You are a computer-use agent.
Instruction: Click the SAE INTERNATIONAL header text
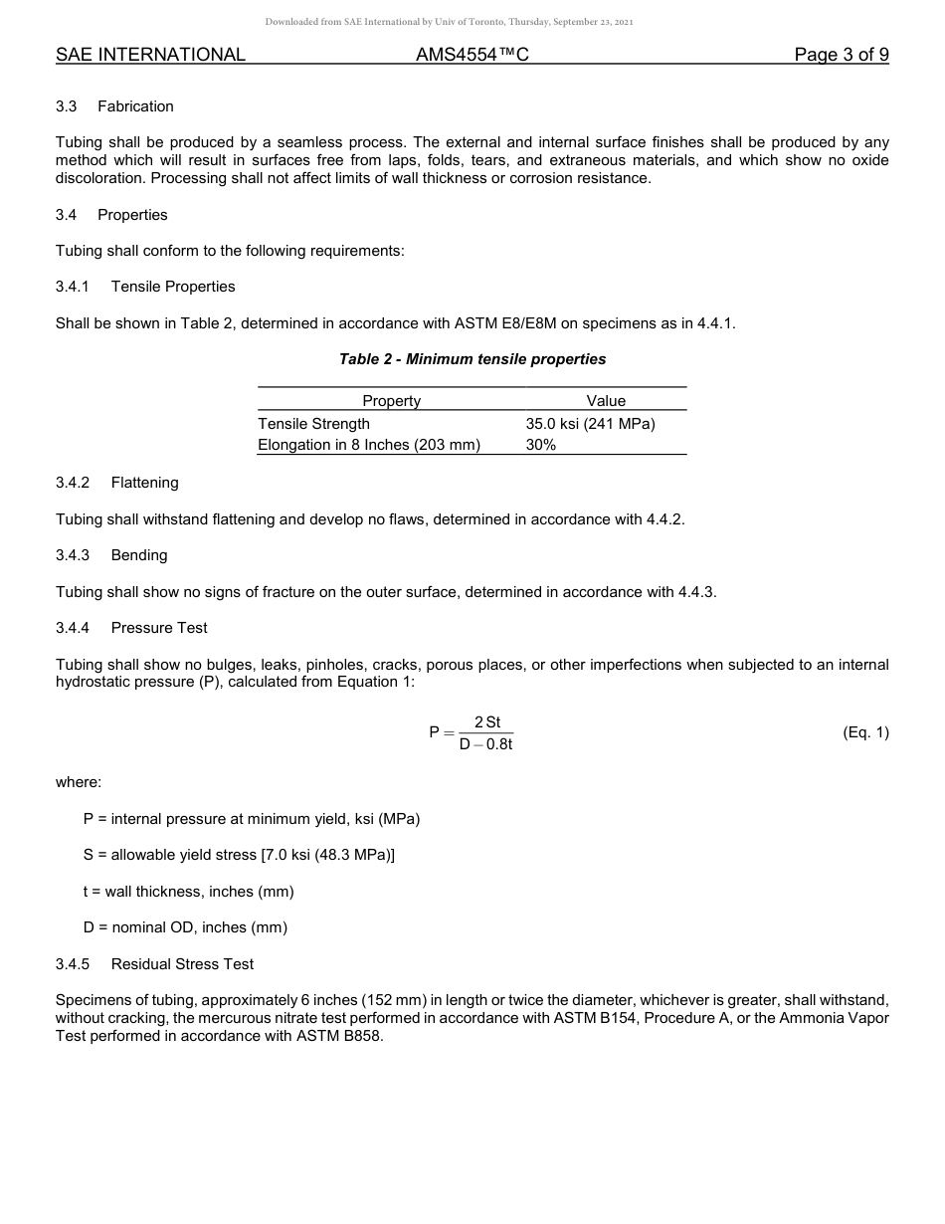click(x=150, y=55)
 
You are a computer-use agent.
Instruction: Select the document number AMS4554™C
click(x=472, y=55)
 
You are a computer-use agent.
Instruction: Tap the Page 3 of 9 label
click(x=841, y=55)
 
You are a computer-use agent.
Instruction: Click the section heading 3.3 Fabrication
click(x=114, y=106)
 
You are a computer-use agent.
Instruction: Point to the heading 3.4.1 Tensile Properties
click(x=145, y=287)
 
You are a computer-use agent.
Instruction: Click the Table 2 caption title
click(x=472, y=359)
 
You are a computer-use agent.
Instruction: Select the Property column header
click(x=391, y=401)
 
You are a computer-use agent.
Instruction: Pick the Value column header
click(x=606, y=401)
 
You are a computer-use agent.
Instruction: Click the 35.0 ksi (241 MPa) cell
click(x=590, y=424)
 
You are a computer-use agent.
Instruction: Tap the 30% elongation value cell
click(x=541, y=445)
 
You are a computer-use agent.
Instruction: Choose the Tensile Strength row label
click(x=313, y=424)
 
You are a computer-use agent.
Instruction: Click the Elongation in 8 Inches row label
click(x=368, y=445)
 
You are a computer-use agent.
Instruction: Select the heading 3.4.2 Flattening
click(x=117, y=483)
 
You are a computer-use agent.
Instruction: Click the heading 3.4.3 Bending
click(x=111, y=555)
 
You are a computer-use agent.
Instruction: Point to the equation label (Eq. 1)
click(x=865, y=732)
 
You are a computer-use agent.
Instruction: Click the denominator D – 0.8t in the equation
click(x=485, y=744)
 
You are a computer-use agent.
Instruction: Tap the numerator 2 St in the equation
click(x=487, y=722)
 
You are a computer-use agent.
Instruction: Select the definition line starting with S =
click(x=239, y=855)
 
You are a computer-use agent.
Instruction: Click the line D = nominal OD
click(x=185, y=927)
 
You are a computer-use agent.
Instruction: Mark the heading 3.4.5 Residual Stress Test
click(x=154, y=964)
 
